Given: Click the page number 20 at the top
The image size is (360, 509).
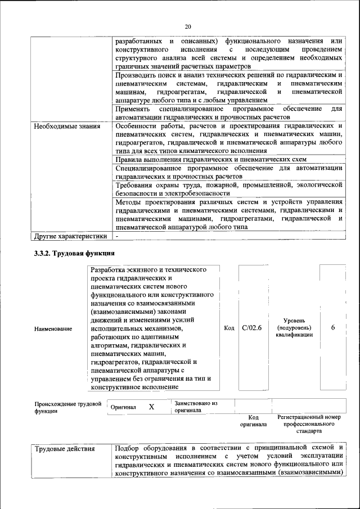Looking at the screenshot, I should click(188, 26).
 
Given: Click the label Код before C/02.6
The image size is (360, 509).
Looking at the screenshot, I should click(228, 328).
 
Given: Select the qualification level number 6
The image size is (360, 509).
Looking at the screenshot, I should click(333, 328).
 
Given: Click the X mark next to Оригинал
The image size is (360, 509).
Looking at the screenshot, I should click(151, 407).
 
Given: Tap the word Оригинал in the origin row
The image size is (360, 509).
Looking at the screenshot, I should click(124, 407).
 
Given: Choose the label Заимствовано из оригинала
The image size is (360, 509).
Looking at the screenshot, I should click(195, 407).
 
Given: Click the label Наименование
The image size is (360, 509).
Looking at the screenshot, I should click(53, 328).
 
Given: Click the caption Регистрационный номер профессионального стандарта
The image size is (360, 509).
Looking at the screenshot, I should click(309, 424).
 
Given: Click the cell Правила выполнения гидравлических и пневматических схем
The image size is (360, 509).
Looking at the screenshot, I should click(210, 160).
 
